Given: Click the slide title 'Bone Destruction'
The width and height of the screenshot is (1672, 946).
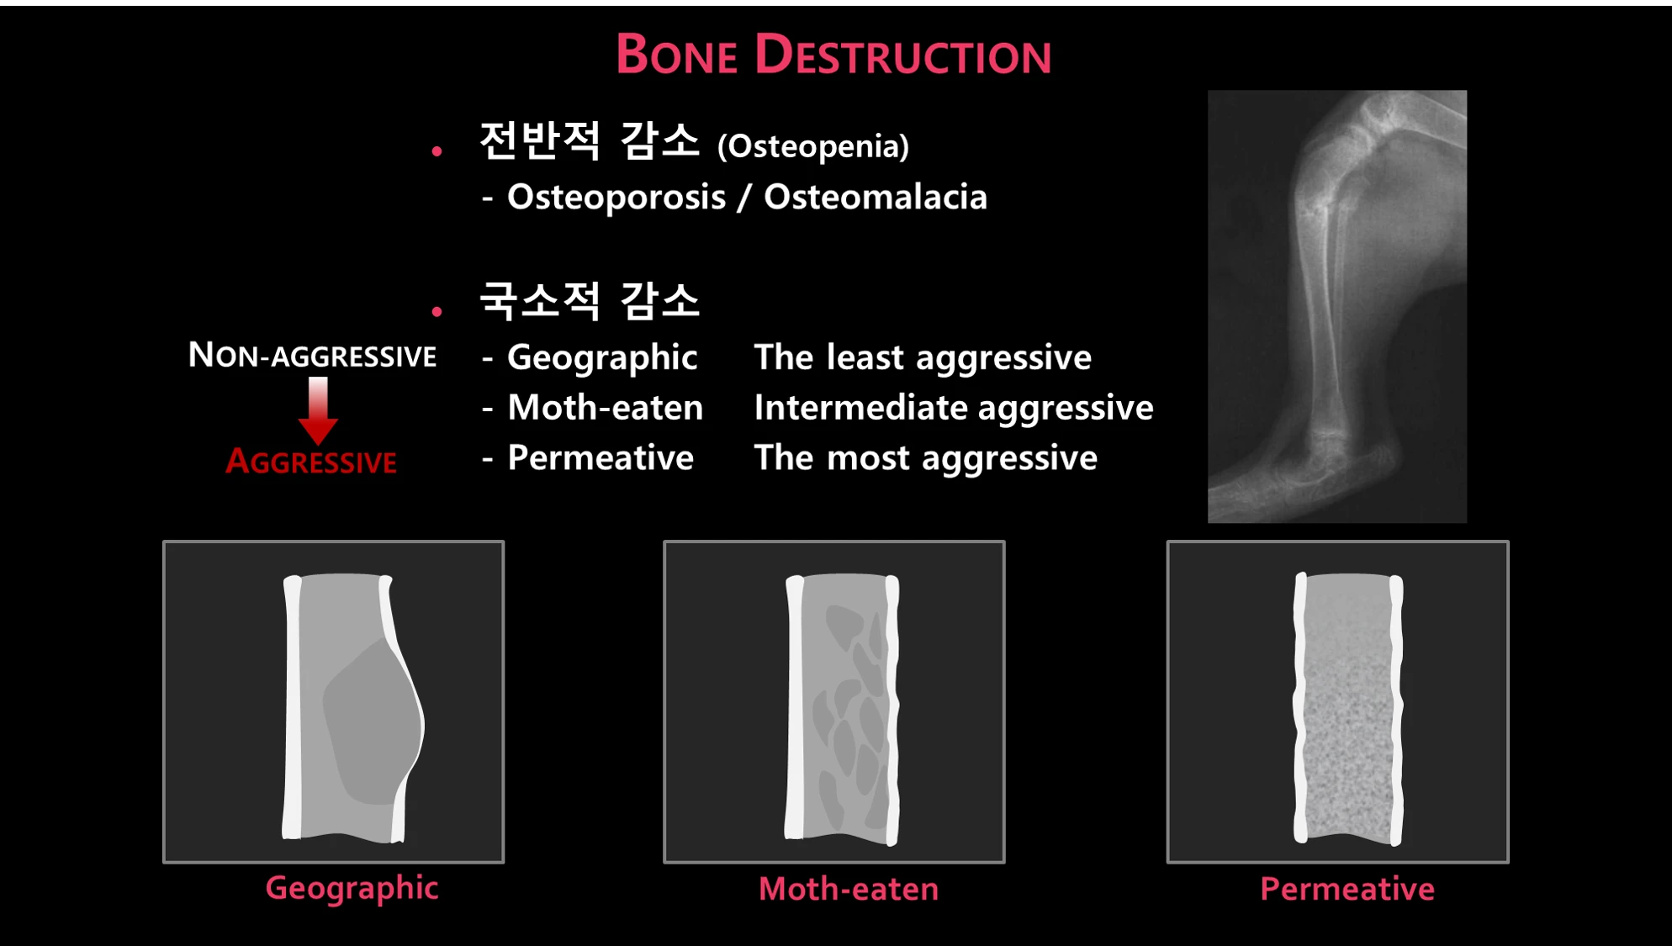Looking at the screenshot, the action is point(833,55).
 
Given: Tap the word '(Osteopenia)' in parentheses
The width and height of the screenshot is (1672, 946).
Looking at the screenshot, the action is point(813,146).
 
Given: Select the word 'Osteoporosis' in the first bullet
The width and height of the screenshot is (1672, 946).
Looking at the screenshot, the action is point(616,197).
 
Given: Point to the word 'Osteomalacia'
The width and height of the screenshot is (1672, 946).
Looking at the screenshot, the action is point(876,197).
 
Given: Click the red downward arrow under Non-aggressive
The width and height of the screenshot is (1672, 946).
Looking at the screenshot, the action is point(318,410).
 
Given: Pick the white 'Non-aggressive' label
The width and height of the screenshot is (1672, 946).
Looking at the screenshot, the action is point(312,355).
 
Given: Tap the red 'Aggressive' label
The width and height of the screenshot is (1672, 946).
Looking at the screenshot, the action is point(311,461).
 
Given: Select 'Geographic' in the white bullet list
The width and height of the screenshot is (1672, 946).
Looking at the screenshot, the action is point(602,358).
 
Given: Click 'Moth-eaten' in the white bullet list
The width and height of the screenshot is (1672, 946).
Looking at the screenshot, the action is point(606,408).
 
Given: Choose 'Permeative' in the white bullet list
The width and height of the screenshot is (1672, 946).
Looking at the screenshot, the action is point(601,458).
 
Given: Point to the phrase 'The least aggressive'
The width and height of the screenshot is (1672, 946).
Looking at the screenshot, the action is point(923,358).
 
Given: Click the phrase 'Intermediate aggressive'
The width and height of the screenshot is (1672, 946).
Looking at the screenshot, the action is point(954,409).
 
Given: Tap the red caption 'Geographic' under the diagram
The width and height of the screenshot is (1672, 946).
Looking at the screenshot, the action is point(352,889).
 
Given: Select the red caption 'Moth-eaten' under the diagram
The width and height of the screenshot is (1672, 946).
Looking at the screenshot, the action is point(849,889).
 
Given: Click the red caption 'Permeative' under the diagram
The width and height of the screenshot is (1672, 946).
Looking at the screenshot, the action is point(1347,889).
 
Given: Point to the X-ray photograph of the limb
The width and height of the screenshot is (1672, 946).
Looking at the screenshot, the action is point(1337,306).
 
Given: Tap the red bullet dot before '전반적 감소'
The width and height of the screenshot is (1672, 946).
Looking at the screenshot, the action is point(437,151).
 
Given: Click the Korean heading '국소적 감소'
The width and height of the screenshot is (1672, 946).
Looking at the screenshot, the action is point(589,301).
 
